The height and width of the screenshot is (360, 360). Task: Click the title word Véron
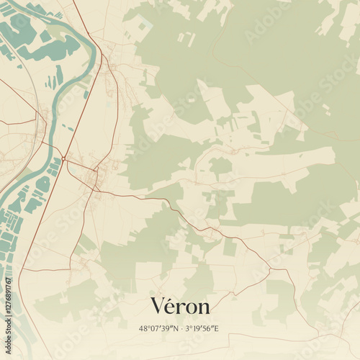point(180,306)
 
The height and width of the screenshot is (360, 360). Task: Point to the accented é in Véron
point(171,307)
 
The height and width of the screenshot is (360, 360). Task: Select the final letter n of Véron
point(204,308)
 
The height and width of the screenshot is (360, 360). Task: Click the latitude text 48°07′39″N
point(158,328)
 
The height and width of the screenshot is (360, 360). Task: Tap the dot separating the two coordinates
point(181,328)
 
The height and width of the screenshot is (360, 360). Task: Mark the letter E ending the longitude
point(216,328)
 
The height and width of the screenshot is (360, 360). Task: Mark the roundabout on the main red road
point(64,158)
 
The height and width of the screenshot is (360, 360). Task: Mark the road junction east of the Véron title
point(270,269)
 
